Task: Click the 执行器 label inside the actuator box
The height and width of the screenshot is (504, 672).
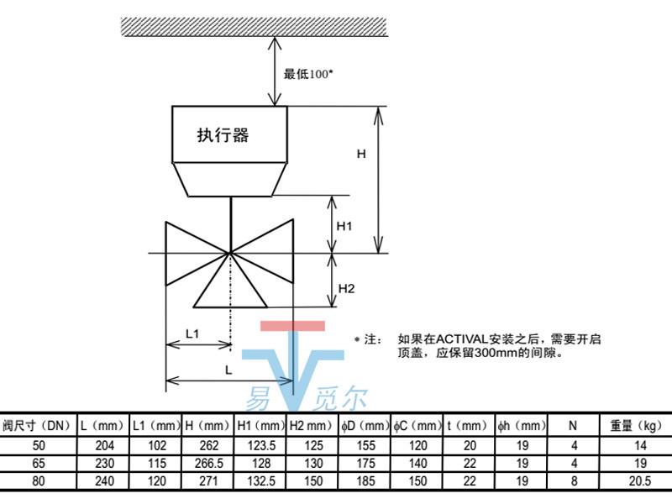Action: (223, 134)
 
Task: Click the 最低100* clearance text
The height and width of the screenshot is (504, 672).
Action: (308, 74)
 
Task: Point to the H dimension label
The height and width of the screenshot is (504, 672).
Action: (361, 154)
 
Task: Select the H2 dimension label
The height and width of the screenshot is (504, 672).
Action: (346, 289)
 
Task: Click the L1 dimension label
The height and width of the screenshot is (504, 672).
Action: (192, 333)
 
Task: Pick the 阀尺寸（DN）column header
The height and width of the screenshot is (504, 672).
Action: (38, 425)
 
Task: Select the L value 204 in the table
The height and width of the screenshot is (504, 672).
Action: (103, 444)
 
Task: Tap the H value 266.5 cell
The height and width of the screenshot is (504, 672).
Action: (209, 463)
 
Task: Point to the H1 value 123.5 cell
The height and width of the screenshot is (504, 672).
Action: (262, 444)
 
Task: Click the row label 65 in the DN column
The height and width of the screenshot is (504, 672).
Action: (38, 463)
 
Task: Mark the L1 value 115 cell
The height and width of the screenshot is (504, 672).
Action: (155, 463)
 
